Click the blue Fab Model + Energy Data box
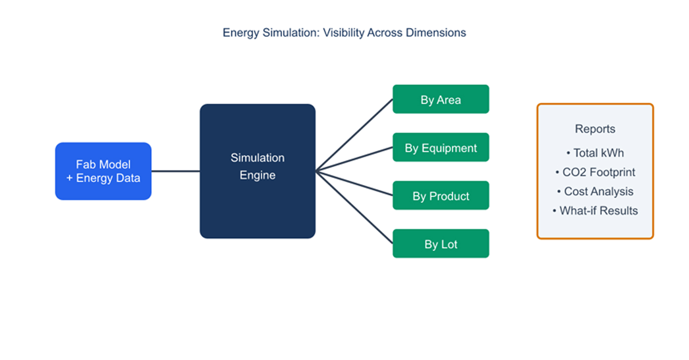click(103, 171)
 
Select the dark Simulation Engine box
click(257, 171)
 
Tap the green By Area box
click(441, 99)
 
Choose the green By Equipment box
click(441, 147)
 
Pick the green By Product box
click(441, 195)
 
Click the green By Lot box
click(441, 243)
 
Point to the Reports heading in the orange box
click(595, 129)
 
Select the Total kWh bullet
click(595, 153)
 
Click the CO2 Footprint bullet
click(595, 172)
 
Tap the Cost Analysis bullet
click(595, 191)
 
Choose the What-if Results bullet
click(595, 210)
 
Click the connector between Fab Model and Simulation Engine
click(175, 171)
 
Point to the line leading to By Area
click(354, 135)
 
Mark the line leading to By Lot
click(354, 207)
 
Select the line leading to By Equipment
click(354, 159)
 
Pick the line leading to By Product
click(354, 183)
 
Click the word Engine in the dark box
click(257, 175)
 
